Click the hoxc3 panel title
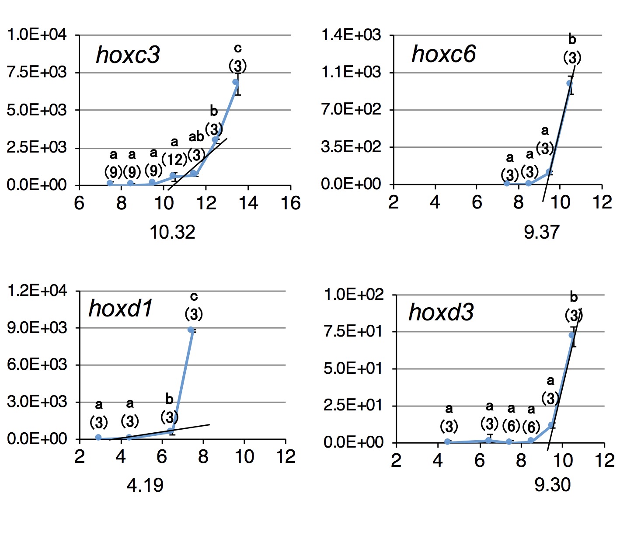pyautogui.click(x=128, y=55)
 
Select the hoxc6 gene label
pyautogui.click(x=443, y=54)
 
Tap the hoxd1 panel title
pyautogui.click(x=121, y=308)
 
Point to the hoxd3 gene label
pyautogui.click(x=441, y=312)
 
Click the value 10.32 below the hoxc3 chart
pyautogui.click(x=172, y=232)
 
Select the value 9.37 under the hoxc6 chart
pyautogui.click(x=541, y=232)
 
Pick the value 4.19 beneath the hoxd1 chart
pyautogui.click(x=145, y=485)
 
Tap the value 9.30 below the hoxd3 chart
pyautogui.click(x=552, y=485)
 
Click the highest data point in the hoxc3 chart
pyautogui.click(x=236, y=82)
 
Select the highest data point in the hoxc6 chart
pyautogui.click(x=569, y=83)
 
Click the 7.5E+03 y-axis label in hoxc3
pyautogui.click(x=37, y=72)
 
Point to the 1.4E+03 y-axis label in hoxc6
pyautogui.click(x=351, y=35)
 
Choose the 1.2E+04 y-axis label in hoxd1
pyautogui.click(x=37, y=291)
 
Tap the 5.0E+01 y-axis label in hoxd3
pyautogui.click(x=353, y=368)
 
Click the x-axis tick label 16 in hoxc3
pyautogui.click(x=291, y=204)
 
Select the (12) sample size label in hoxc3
pyautogui.click(x=174, y=160)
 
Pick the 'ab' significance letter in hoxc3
pyautogui.click(x=196, y=137)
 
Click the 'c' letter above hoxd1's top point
pyautogui.click(x=194, y=297)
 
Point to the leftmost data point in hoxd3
pyautogui.click(x=448, y=441)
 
